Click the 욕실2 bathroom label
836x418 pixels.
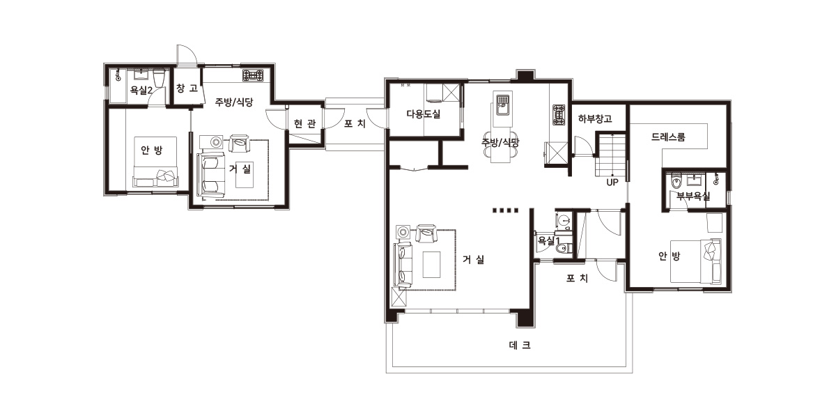(x=141, y=90)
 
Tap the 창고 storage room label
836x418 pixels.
(x=187, y=88)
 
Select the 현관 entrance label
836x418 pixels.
(x=304, y=123)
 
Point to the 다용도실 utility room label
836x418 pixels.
(x=424, y=114)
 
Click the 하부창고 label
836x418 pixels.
(x=595, y=118)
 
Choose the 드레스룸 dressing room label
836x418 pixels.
(x=668, y=137)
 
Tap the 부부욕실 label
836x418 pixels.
(x=693, y=196)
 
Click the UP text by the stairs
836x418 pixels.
(x=612, y=183)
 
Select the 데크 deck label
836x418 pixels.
(x=520, y=346)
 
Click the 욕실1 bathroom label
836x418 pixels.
(x=548, y=241)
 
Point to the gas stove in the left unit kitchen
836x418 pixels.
(x=253, y=75)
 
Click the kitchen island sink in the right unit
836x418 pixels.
(x=503, y=104)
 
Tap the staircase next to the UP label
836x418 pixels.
(x=610, y=155)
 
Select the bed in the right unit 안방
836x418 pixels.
(x=696, y=261)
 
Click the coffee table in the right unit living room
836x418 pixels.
(x=431, y=265)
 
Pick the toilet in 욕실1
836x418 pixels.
(x=562, y=248)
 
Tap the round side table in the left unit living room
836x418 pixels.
(x=216, y=142)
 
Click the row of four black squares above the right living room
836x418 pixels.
(x=505, y=210)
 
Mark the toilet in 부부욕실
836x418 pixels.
(x=676, y=183)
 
